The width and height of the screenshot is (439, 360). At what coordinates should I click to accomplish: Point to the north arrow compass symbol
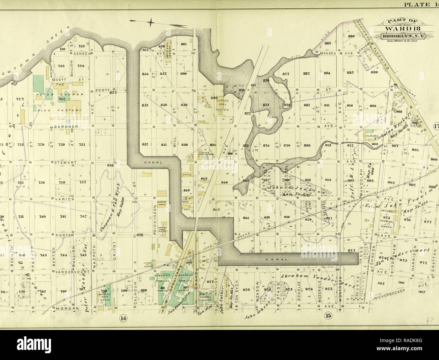151,22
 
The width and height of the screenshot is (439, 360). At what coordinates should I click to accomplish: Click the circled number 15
327,316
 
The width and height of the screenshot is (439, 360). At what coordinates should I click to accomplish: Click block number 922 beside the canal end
352,250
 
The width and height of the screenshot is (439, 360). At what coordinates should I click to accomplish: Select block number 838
110,165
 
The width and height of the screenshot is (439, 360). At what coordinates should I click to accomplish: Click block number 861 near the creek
184,44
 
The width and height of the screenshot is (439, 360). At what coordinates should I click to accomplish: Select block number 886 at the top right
351,36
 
